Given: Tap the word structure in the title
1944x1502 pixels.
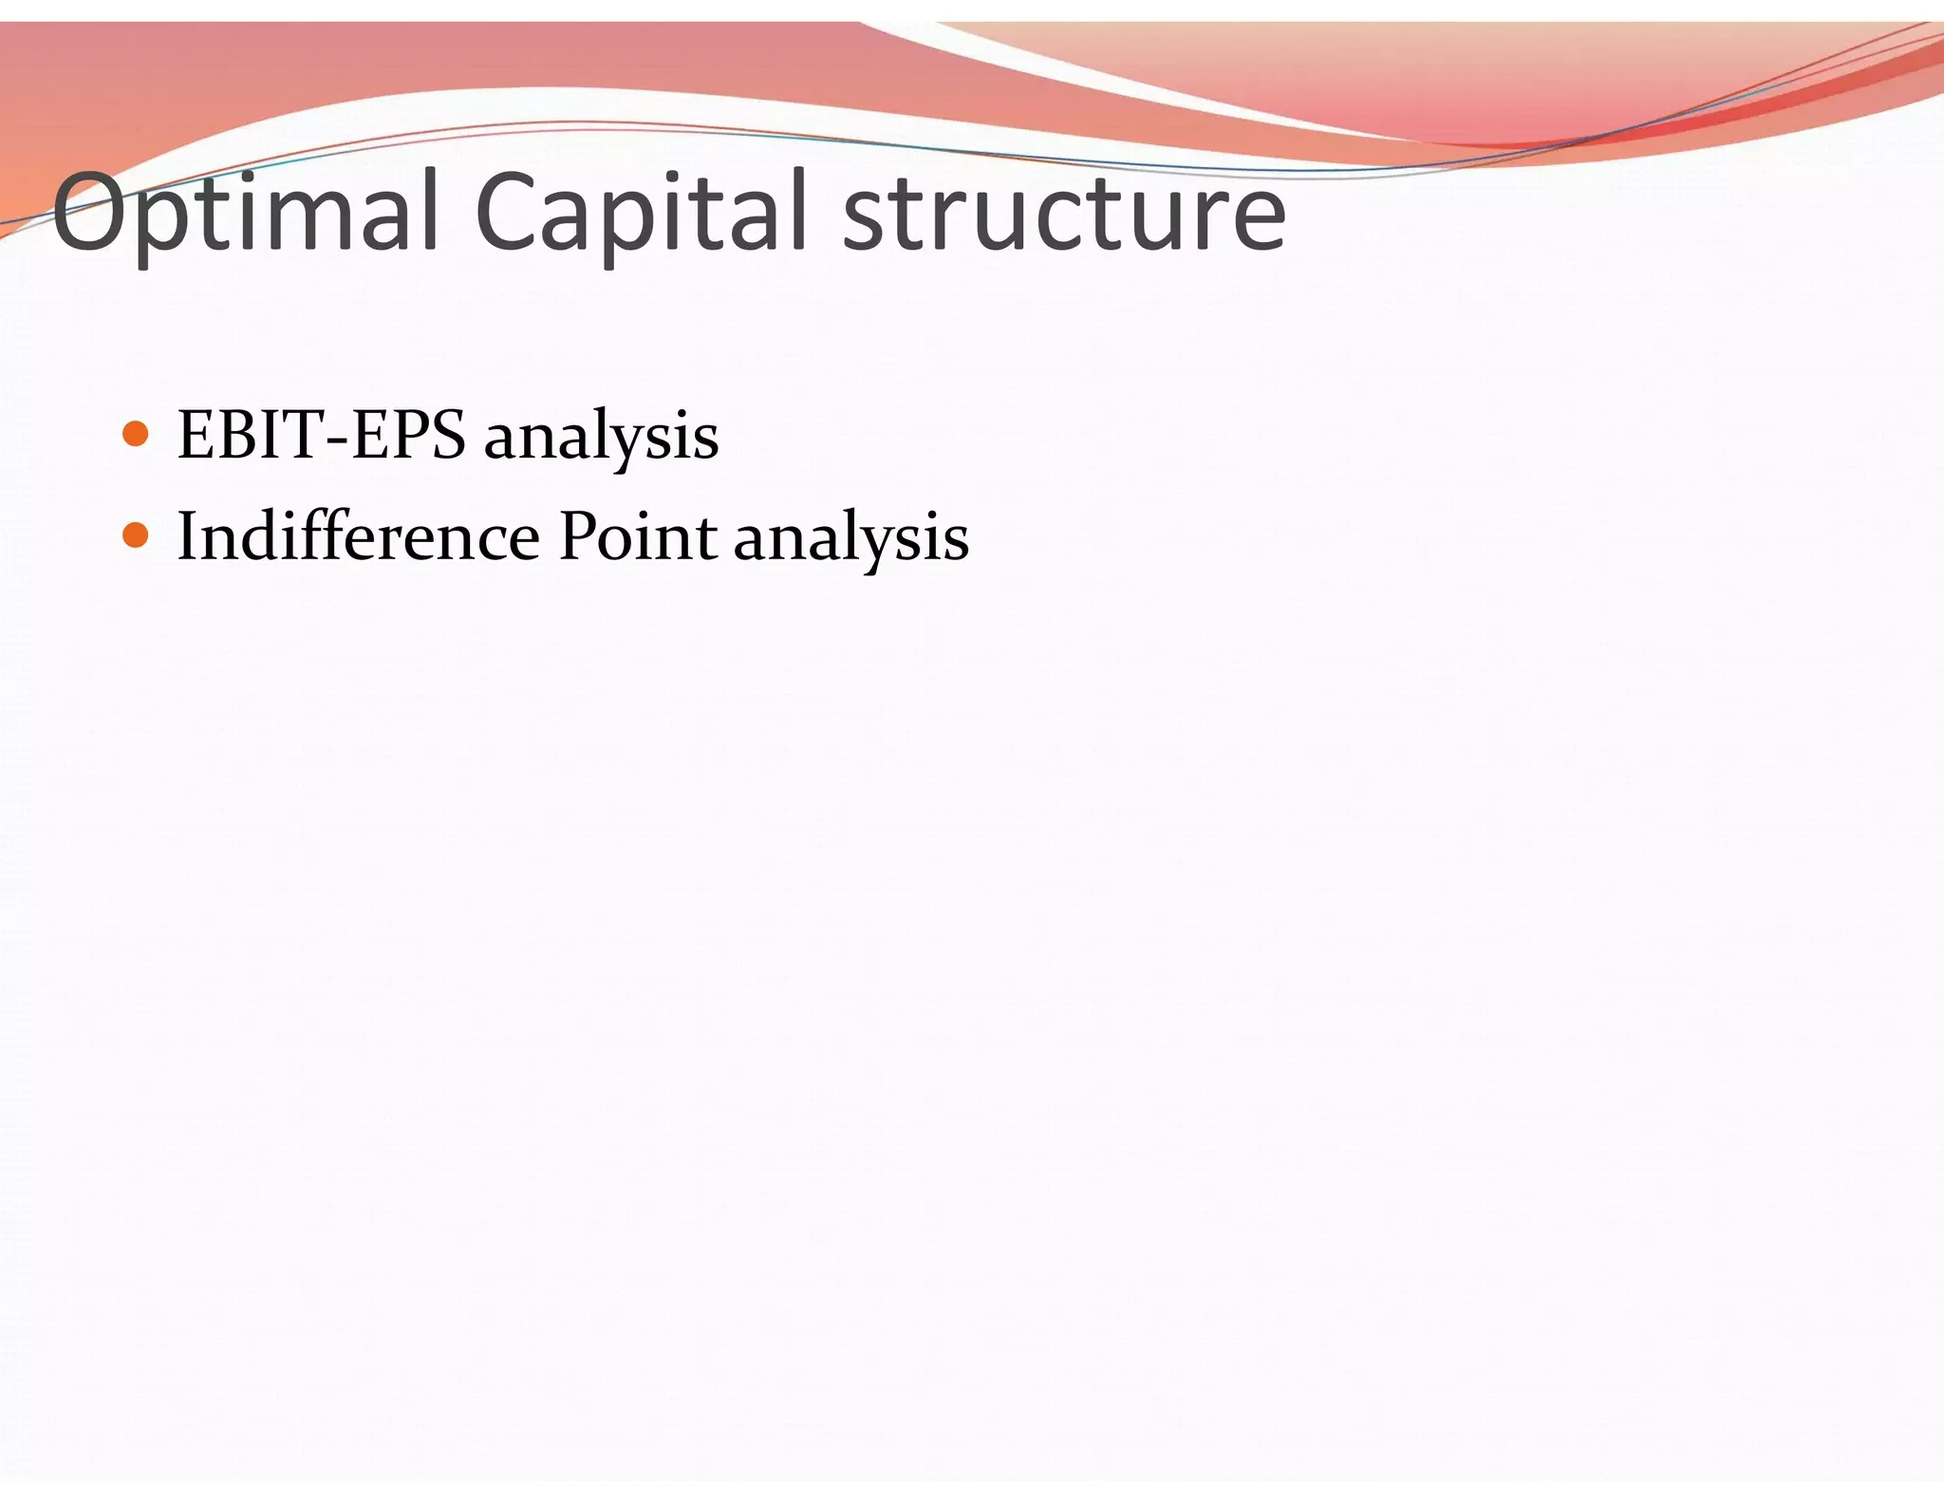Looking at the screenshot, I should [x=1063, y=214].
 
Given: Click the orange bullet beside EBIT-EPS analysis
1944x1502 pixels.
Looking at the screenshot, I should [x=137, y=435].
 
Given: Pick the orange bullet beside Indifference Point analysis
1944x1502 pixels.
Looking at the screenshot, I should [x=137, y=536].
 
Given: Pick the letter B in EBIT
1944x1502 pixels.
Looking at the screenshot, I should [x=240, y=435].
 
